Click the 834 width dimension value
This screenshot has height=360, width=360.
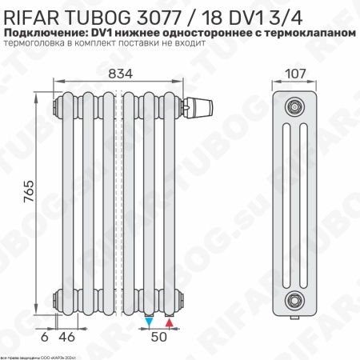click(x=118, y=74)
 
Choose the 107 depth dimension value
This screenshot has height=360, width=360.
click(x=295, y=74)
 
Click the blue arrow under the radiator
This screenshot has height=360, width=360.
click(x=150, y=322)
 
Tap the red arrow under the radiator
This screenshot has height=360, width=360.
click(x=170, y=322)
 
